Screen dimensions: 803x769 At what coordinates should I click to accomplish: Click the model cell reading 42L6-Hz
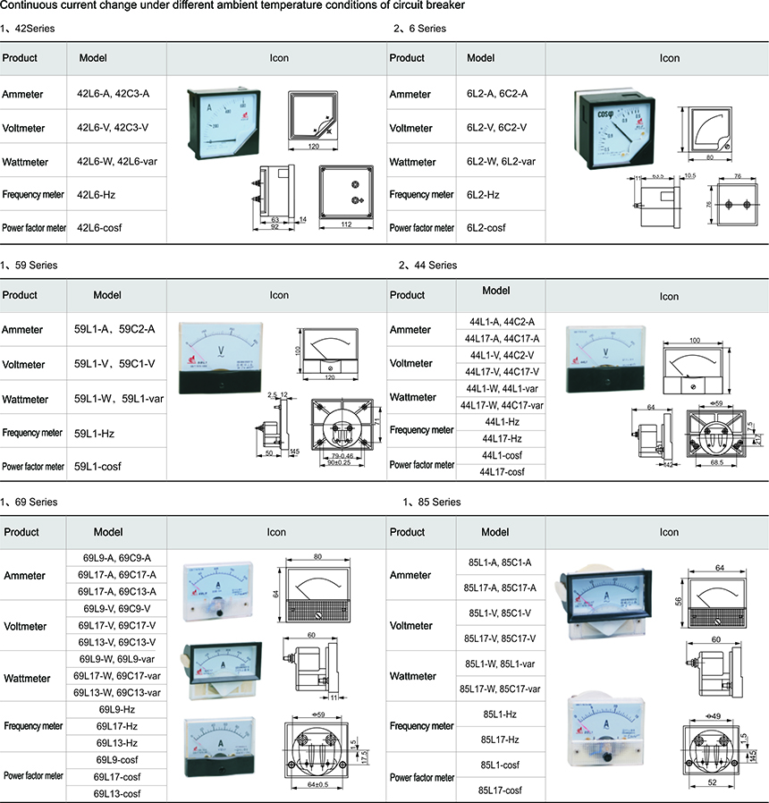(96, 195)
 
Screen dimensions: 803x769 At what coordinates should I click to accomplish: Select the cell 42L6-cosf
(99, 228)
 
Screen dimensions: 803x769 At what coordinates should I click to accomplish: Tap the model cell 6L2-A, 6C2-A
(497, 94)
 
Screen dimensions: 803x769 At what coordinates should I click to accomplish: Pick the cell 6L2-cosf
(486, 228)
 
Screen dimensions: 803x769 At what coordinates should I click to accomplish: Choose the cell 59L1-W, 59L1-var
(114, 398)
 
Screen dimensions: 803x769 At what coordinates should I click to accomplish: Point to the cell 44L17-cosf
(502, 471)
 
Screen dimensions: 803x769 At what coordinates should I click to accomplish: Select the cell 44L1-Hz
(502, 420)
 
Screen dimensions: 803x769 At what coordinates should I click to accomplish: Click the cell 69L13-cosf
(117, 794)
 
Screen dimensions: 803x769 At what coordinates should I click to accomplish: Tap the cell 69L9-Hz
(117, 709)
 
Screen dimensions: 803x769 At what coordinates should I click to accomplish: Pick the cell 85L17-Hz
(500, 740)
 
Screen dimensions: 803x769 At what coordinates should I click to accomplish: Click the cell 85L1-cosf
(500, 765)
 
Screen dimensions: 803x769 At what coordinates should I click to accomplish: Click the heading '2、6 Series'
(420, 29)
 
